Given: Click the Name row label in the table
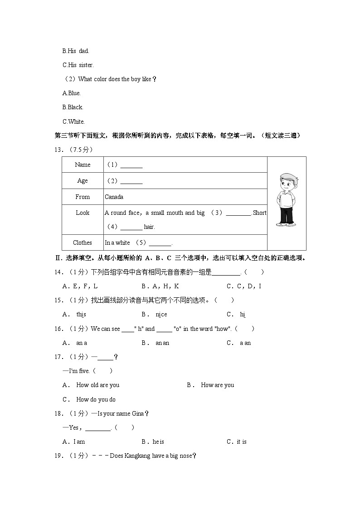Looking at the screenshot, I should point(83,165).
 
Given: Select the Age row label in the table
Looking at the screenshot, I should point(83,180).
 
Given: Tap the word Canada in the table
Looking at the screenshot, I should point(114,197).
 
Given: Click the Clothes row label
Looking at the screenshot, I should point(83,242).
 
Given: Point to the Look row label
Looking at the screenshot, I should point(83,213).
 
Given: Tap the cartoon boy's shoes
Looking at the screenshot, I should point(287,223).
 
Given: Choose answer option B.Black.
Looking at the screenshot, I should point(73,107).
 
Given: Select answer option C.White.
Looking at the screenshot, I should point(73,121).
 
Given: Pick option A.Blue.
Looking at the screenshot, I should point(72,93).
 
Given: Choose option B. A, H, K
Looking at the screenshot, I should point(160,286).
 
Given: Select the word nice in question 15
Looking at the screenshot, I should point(161,315).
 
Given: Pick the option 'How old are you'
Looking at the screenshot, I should point(97,385).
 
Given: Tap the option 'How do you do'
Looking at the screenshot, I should point(96,399).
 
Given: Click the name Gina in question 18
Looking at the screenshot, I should point(137,413).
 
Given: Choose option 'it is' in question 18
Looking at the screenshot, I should point(241,441).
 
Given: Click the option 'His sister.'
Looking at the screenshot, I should point(78,65).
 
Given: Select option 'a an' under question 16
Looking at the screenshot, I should point(245,343).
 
